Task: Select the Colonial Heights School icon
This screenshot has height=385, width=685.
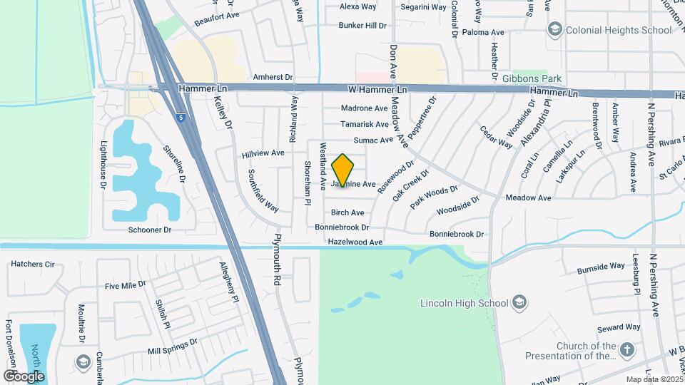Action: coord(554,29)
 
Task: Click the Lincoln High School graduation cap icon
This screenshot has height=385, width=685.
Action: coord(519,302)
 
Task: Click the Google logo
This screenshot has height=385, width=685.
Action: coord(24,376)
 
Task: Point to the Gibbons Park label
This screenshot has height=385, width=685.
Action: coord(532,78)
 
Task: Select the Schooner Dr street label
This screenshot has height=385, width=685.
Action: coord(150,230)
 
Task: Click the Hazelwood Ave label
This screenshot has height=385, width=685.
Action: coord(355,242)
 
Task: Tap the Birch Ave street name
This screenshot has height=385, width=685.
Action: coord(347,212)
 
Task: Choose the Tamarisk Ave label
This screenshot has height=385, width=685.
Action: coord(364,124)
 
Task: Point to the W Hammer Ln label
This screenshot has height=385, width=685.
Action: coord(378,90)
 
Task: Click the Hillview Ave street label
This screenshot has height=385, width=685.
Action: coord(263,153)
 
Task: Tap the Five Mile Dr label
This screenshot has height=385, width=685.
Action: coord(125,285)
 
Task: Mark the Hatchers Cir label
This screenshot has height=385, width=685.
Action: coord(32,264)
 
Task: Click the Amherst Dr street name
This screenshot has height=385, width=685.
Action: coord(273,76)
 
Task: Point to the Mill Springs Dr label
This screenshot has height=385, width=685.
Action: coord(172,347)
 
